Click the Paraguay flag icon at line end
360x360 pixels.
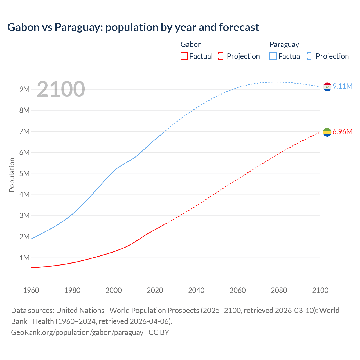click(327, 87)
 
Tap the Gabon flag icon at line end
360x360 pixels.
click(327, 132)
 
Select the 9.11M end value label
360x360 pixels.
click(342, 86)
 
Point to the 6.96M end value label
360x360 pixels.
click(342, 132)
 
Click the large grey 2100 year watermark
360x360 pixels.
click(61, 89)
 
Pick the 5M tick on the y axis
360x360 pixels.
click(24, 174)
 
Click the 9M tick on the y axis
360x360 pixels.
click(24, 89)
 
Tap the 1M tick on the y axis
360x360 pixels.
click(24, 258)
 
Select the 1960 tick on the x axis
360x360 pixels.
click(31, 290)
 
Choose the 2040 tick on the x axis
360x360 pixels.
click(196, 290)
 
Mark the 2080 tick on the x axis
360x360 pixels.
click(279, 290)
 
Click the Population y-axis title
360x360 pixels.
click(12, 175)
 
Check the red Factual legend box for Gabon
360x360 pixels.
click(184, 56)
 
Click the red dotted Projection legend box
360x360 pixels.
click(222, 56)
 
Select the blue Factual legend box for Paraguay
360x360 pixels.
click(273, 56)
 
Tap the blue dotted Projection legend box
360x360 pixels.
click(310, 56)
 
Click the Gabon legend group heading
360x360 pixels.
click(191, 44)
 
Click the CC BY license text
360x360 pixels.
click(159, 332)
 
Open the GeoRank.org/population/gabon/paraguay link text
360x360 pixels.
click(77, 332)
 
